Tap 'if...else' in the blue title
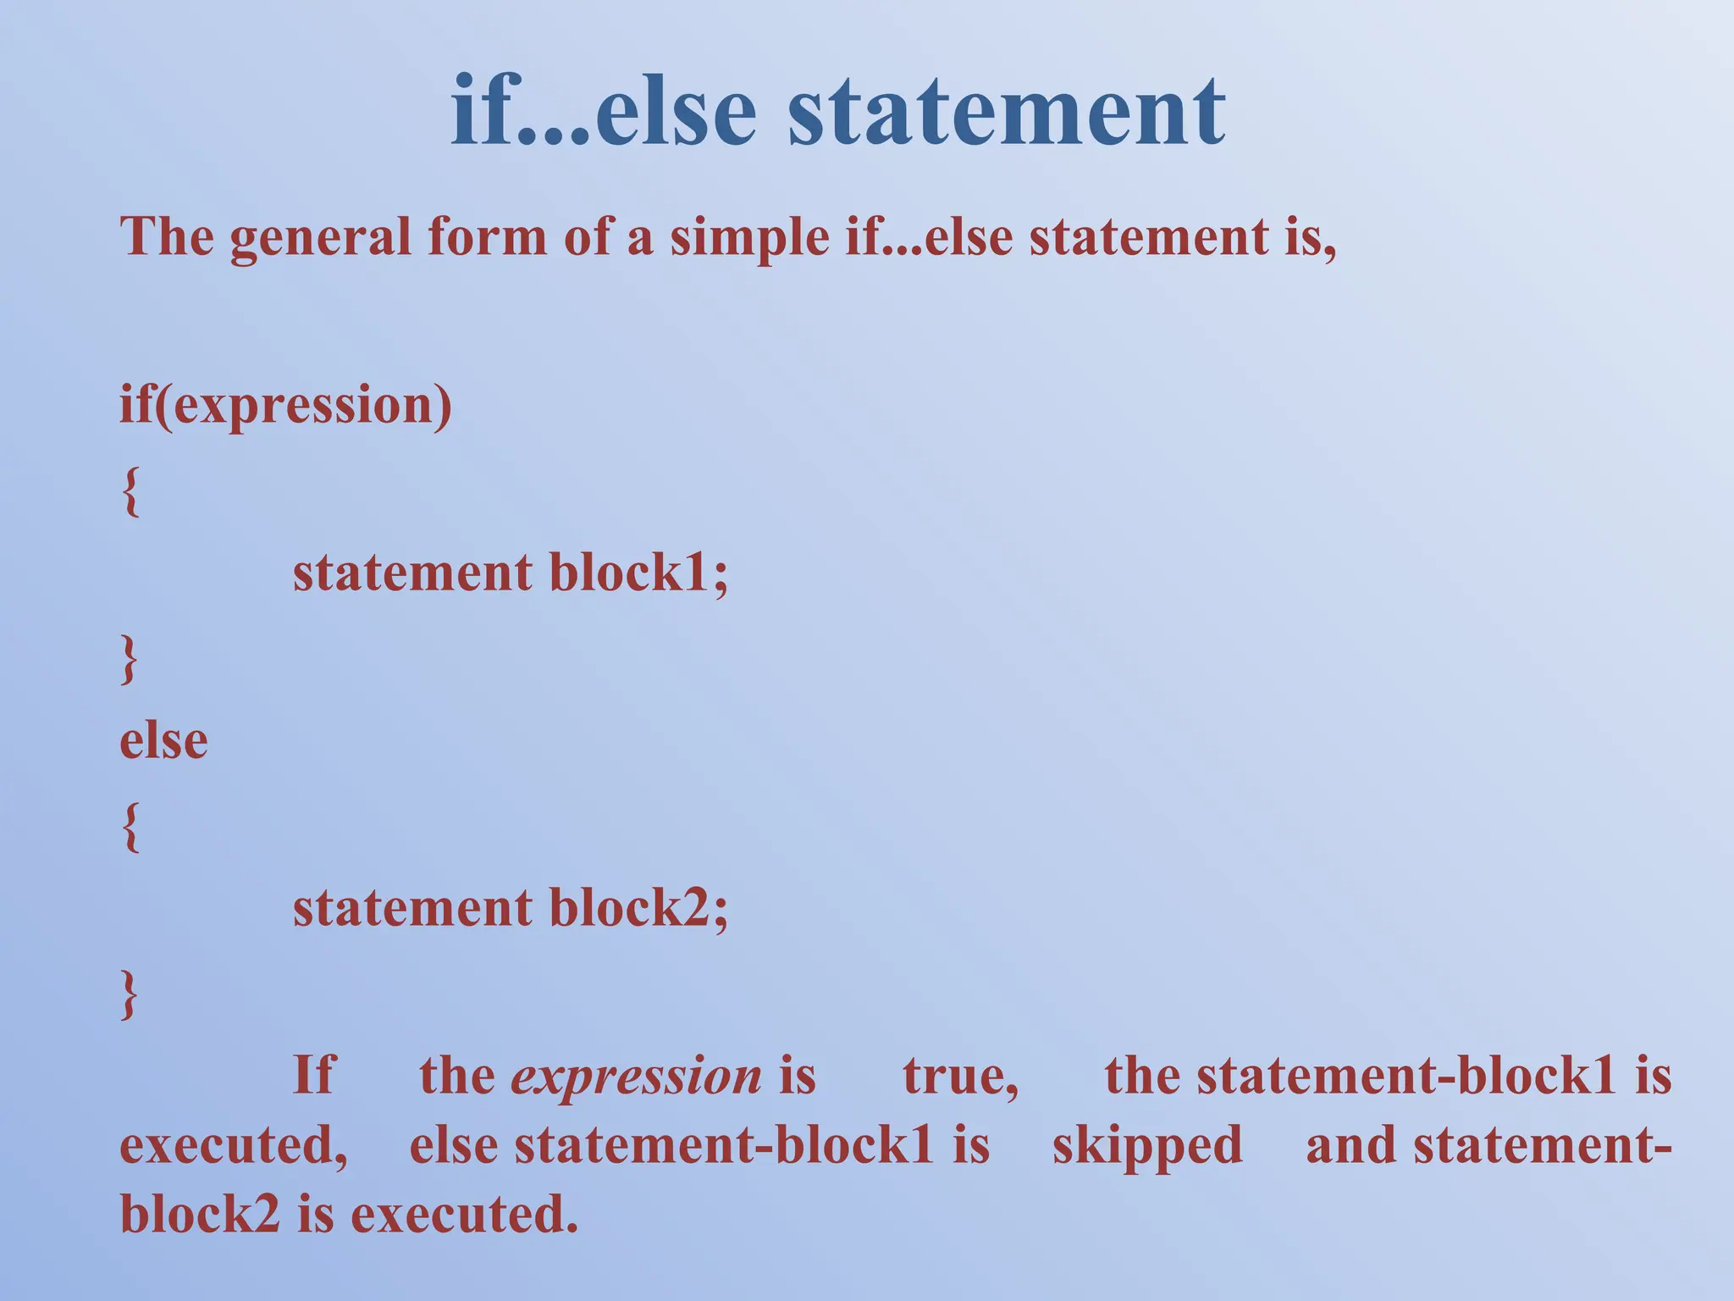tap(603, 112)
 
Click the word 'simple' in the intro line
tap(749, 237)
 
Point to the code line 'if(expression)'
tap(286, 406)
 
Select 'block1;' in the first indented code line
tap(638, 573)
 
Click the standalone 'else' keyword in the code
tap(163, 741)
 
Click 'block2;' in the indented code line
tap(638, 909)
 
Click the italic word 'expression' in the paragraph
tap(637, 1077)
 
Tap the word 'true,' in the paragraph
tap(961, 1077)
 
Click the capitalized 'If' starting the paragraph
tap(313, 1076)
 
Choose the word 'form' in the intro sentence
tap(487, 237)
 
